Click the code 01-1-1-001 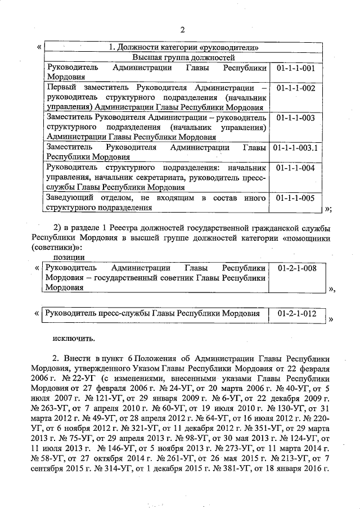pos(296,68)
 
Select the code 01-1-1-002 pos(296,88)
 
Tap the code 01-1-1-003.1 pos(296,148)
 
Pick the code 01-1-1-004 pos(296,169)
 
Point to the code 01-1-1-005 pos(296,199)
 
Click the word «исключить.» pos(74,339)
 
